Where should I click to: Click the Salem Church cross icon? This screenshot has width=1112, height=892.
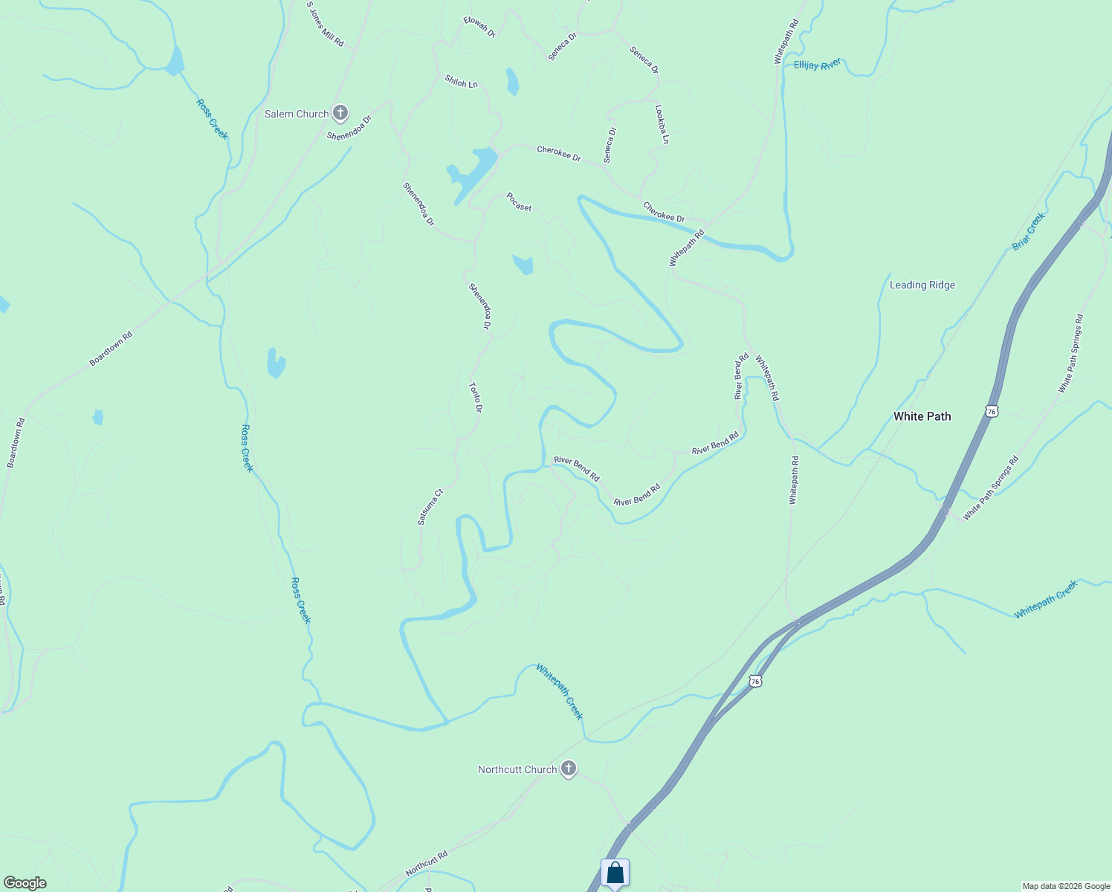click(x=340, y=113)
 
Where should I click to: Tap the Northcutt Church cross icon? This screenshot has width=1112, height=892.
click(x=569, y=769)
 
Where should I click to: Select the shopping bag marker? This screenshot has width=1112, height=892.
click(x=615, y=873)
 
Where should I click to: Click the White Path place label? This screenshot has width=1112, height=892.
click(x=922, y=416)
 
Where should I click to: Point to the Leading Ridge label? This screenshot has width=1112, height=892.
click(x=922, y=285)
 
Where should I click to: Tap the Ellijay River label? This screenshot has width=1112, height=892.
click(x=817, y=65)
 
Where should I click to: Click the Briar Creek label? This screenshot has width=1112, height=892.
click(x=1029, y=231)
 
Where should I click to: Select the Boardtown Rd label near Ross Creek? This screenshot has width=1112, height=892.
click(x=111, y=348)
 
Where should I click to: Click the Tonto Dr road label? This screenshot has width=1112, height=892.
click(x=476, y=398)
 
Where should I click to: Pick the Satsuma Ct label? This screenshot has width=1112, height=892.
click(x=430, y=507)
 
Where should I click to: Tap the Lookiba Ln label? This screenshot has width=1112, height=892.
click(x=662, y=124)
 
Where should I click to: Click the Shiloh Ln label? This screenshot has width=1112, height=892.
click(x=461, y=82)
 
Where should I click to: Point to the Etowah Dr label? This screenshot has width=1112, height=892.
click(x=479, y=28)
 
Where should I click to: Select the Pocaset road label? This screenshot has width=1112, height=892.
click(x=519, y=202)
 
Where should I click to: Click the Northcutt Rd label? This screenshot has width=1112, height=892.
click(x=427, y=863)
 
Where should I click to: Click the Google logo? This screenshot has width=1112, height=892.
click(x=25, y=883)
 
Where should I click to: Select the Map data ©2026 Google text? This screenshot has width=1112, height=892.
click(x=1066, y=886)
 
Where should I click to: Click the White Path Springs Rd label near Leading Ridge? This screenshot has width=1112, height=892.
click(x=1071, y=354)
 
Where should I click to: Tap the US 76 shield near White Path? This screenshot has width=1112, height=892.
click(x=991, y=411)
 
